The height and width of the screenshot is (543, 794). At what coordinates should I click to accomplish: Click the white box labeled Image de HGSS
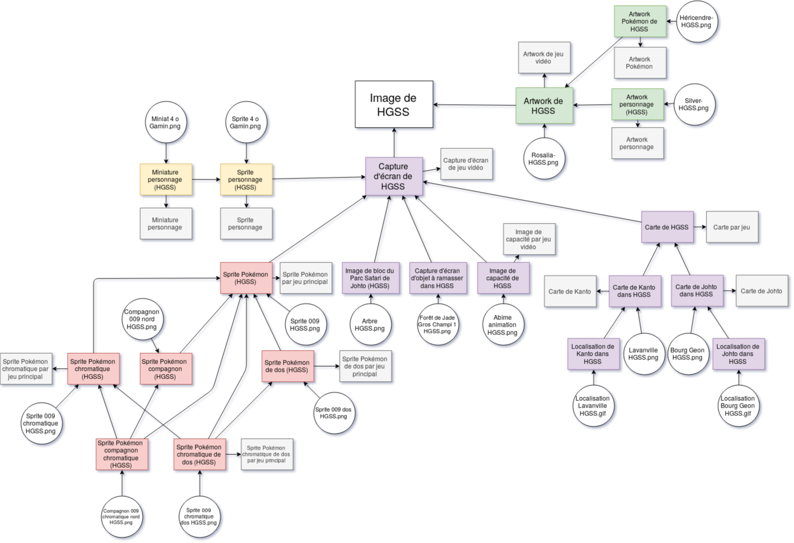point(394,104)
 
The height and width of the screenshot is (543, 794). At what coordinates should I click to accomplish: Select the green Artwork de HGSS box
point(544,106)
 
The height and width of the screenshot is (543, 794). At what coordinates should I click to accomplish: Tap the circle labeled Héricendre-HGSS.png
point(697,21)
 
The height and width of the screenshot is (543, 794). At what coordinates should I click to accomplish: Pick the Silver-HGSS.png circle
point(694,104)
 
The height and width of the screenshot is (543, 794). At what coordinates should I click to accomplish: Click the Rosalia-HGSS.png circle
point(544,159)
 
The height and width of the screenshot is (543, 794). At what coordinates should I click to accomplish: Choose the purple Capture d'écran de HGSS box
point(394,176)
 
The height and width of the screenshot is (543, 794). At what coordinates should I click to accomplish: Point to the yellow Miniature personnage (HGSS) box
point(166,179)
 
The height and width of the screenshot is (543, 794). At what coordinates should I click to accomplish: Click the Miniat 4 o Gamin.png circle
point(165,122)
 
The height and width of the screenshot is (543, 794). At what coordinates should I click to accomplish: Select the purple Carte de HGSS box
point(667,227)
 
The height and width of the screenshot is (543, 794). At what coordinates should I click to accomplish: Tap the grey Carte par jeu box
point(732,227)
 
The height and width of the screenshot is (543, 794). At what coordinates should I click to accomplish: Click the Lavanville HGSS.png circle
point(644,354)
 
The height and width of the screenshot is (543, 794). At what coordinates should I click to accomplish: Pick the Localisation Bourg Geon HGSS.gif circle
point(739,406)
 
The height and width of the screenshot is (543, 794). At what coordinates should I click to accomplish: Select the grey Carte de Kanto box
point(570,291)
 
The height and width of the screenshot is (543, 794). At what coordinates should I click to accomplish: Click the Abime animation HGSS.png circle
point(503,325)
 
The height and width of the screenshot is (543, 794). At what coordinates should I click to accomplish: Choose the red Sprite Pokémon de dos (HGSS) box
point(288,366)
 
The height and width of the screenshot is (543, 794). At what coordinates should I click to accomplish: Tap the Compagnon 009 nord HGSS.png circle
point(142,319)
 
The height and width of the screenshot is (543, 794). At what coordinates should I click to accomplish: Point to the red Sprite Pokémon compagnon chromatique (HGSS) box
point(122,454)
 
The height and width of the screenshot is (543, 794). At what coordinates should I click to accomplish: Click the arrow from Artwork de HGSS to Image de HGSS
point(475,105)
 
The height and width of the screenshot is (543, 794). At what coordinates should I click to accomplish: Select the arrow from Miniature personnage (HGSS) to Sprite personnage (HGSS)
point(206,179)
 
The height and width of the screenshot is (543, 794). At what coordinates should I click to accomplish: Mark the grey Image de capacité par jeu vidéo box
point(529,239)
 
